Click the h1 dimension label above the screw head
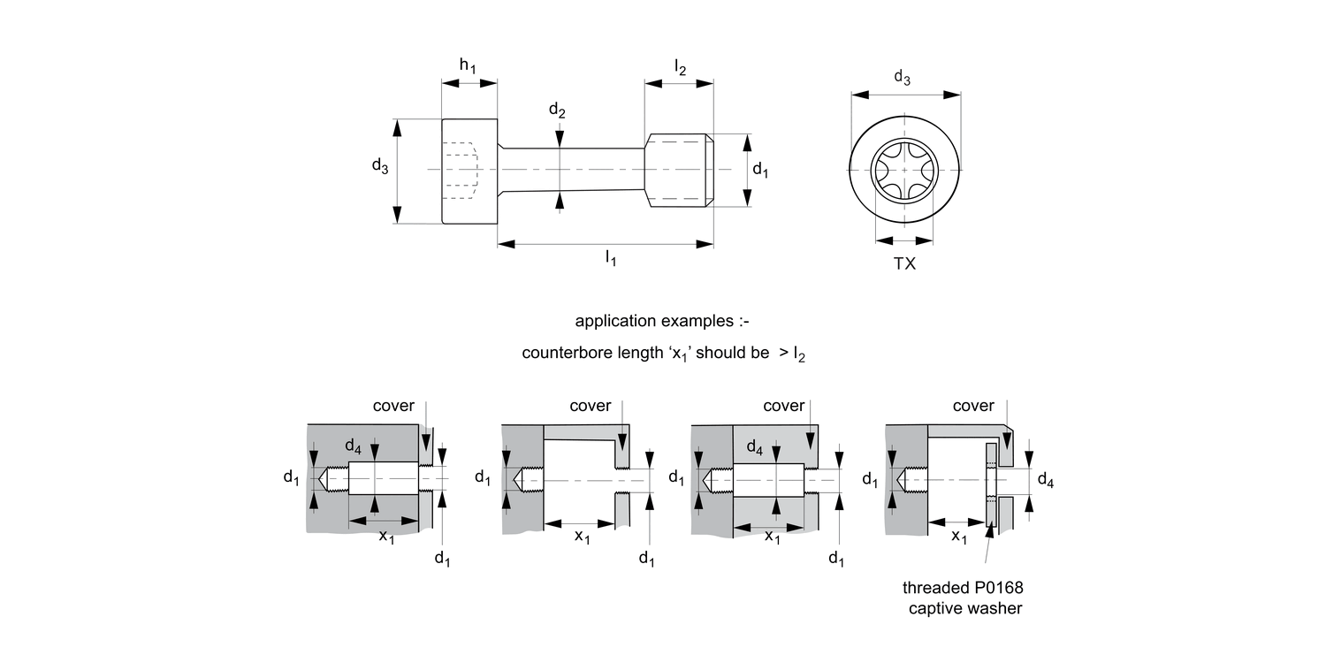468,67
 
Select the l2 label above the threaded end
679,67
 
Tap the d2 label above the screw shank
557,110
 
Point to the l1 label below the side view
610,258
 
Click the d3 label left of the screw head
379,166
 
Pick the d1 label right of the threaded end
760,170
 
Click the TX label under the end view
904,263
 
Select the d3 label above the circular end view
902,78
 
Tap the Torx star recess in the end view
904,170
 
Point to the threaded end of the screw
679,170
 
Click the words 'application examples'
661,320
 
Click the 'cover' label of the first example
393,406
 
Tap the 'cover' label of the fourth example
973,406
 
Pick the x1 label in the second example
582,537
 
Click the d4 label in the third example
755,448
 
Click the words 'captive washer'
965,608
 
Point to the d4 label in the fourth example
1045,481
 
